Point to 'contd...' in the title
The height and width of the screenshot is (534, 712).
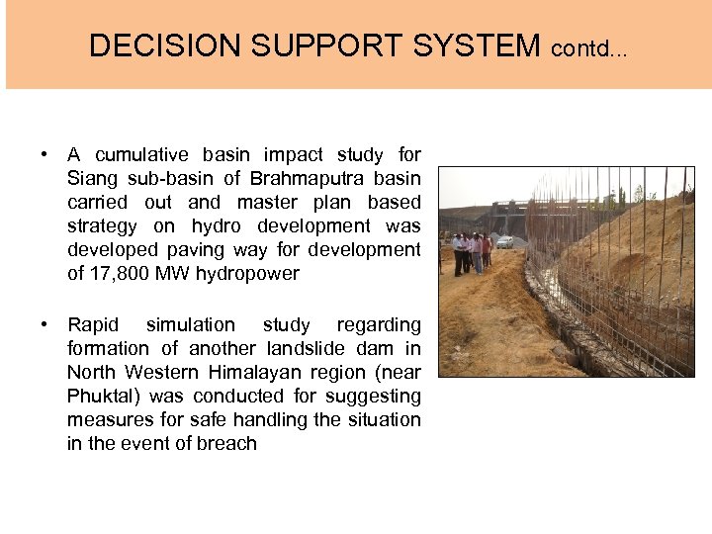(589, 47)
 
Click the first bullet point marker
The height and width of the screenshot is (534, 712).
(45, 154)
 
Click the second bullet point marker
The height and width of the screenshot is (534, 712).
(45, 324)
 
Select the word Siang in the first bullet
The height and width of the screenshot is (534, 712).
(90, 179)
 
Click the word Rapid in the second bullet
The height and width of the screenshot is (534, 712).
(92, 324)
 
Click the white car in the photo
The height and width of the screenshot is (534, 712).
(504, 240)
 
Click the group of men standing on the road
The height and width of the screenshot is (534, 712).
(473, 251)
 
